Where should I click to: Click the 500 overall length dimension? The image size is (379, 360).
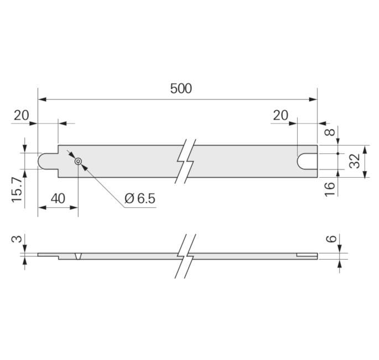tap(181, 88)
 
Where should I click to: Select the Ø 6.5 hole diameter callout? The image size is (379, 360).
tap(140, 199)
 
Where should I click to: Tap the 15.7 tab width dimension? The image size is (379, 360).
tap(17, 189)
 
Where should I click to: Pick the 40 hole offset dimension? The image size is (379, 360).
tap(58, 199)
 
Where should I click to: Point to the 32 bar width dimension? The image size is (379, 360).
tap(355, 161)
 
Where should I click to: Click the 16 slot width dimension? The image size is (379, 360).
tap(330, 189)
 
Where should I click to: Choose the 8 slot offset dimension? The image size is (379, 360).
tap(330, 132)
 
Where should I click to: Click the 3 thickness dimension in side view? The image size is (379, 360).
tap(17, 239)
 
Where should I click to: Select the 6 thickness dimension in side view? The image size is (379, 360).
tap(331, 239)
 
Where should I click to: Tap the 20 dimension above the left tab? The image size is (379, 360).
tap(21, 115)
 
